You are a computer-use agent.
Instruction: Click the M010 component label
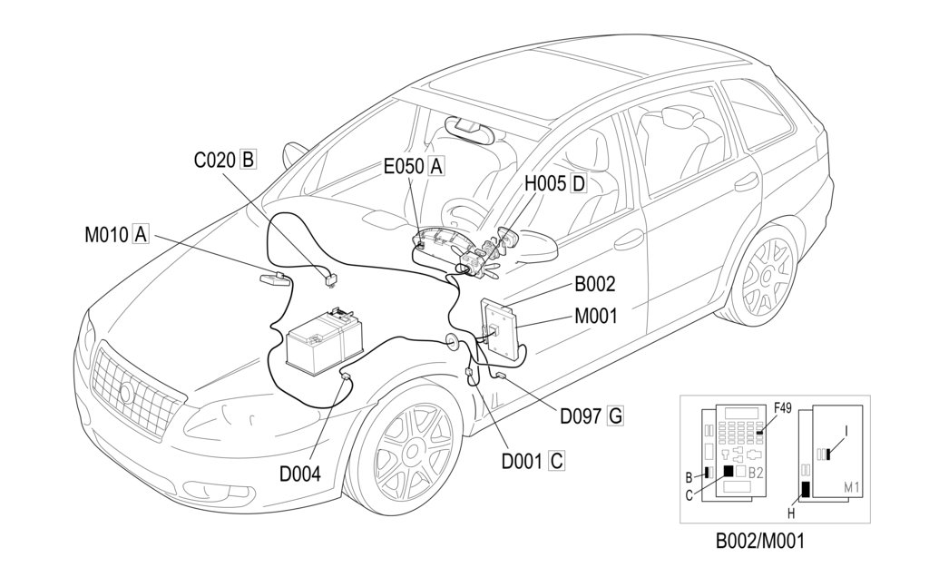coord(107,235)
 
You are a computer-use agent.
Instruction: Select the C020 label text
coord(216,161)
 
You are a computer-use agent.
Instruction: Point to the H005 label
coord(546,183)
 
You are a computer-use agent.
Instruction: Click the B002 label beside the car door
coord(595,285)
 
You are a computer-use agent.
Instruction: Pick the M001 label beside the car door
coord(595,317)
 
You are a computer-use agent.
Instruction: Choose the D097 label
coord(581,416)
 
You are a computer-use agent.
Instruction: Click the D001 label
coord(523,461)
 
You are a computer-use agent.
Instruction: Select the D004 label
coord(299,473)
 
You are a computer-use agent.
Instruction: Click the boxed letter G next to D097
coord(615,416)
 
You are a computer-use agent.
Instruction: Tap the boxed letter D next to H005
coord(578,183)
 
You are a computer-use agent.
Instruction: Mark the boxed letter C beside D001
coord(557,461)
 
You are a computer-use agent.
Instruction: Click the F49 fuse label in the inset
coord(782,408)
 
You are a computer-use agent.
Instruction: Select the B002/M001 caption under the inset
coord(759,542)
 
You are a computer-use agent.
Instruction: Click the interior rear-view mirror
coord(472,128)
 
